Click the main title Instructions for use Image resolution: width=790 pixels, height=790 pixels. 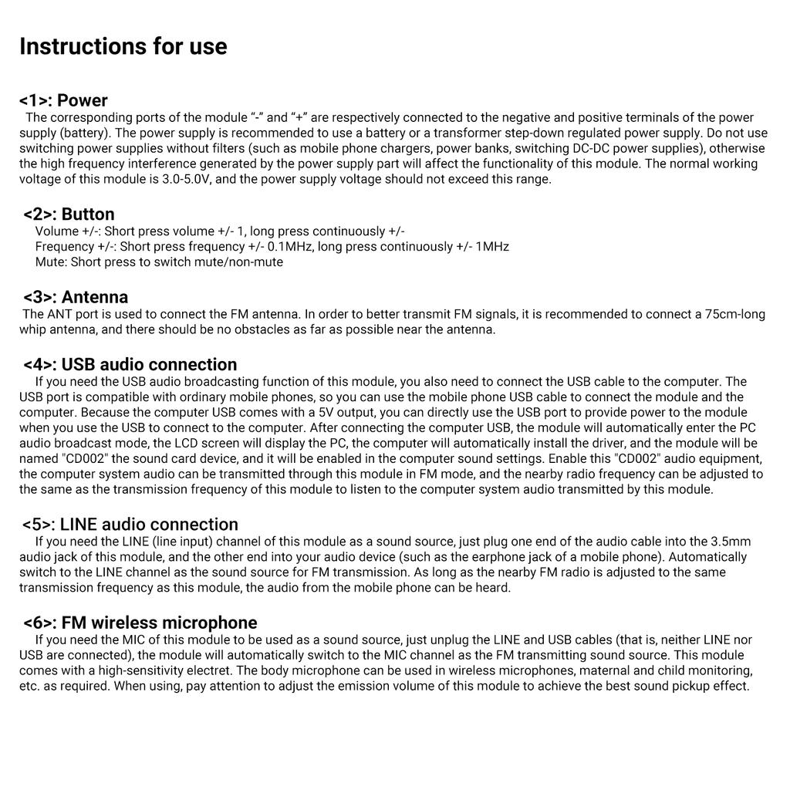click(123, 46)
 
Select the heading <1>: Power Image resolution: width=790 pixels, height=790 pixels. click(63, 100)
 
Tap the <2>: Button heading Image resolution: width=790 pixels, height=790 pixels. click(69, 214)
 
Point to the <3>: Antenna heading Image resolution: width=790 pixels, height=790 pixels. click(76, 297)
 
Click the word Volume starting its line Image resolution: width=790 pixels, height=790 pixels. click(57, 231)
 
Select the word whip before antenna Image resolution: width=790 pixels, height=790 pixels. click(35, 329)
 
